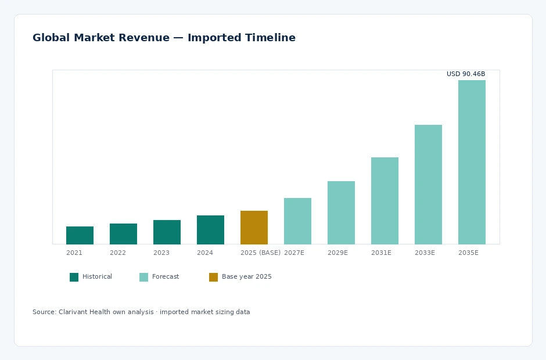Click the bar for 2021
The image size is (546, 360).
coord(80,235)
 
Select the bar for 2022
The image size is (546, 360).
coord(123,234)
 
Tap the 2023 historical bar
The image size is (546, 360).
coord(167,232)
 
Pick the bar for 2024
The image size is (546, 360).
coord(210,230)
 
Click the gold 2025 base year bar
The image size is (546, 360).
coord(254,228)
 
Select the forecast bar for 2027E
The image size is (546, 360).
coord(298,221)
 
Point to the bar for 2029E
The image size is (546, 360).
coord(342,213)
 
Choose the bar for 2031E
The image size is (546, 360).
coord(385,201)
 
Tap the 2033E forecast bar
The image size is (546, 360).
coord(428,185)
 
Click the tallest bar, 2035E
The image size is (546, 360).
coord(472,162)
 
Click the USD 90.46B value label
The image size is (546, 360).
coord(466,74)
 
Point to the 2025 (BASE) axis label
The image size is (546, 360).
coord(260,253)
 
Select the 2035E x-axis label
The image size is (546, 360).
coord(468,253)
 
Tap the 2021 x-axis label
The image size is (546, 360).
coord(74,253)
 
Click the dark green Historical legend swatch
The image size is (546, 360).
coord(74,277)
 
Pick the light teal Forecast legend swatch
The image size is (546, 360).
coord(144,277)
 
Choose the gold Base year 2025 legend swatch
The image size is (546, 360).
coord(213,277)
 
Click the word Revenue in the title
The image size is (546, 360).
coord(144,38)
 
